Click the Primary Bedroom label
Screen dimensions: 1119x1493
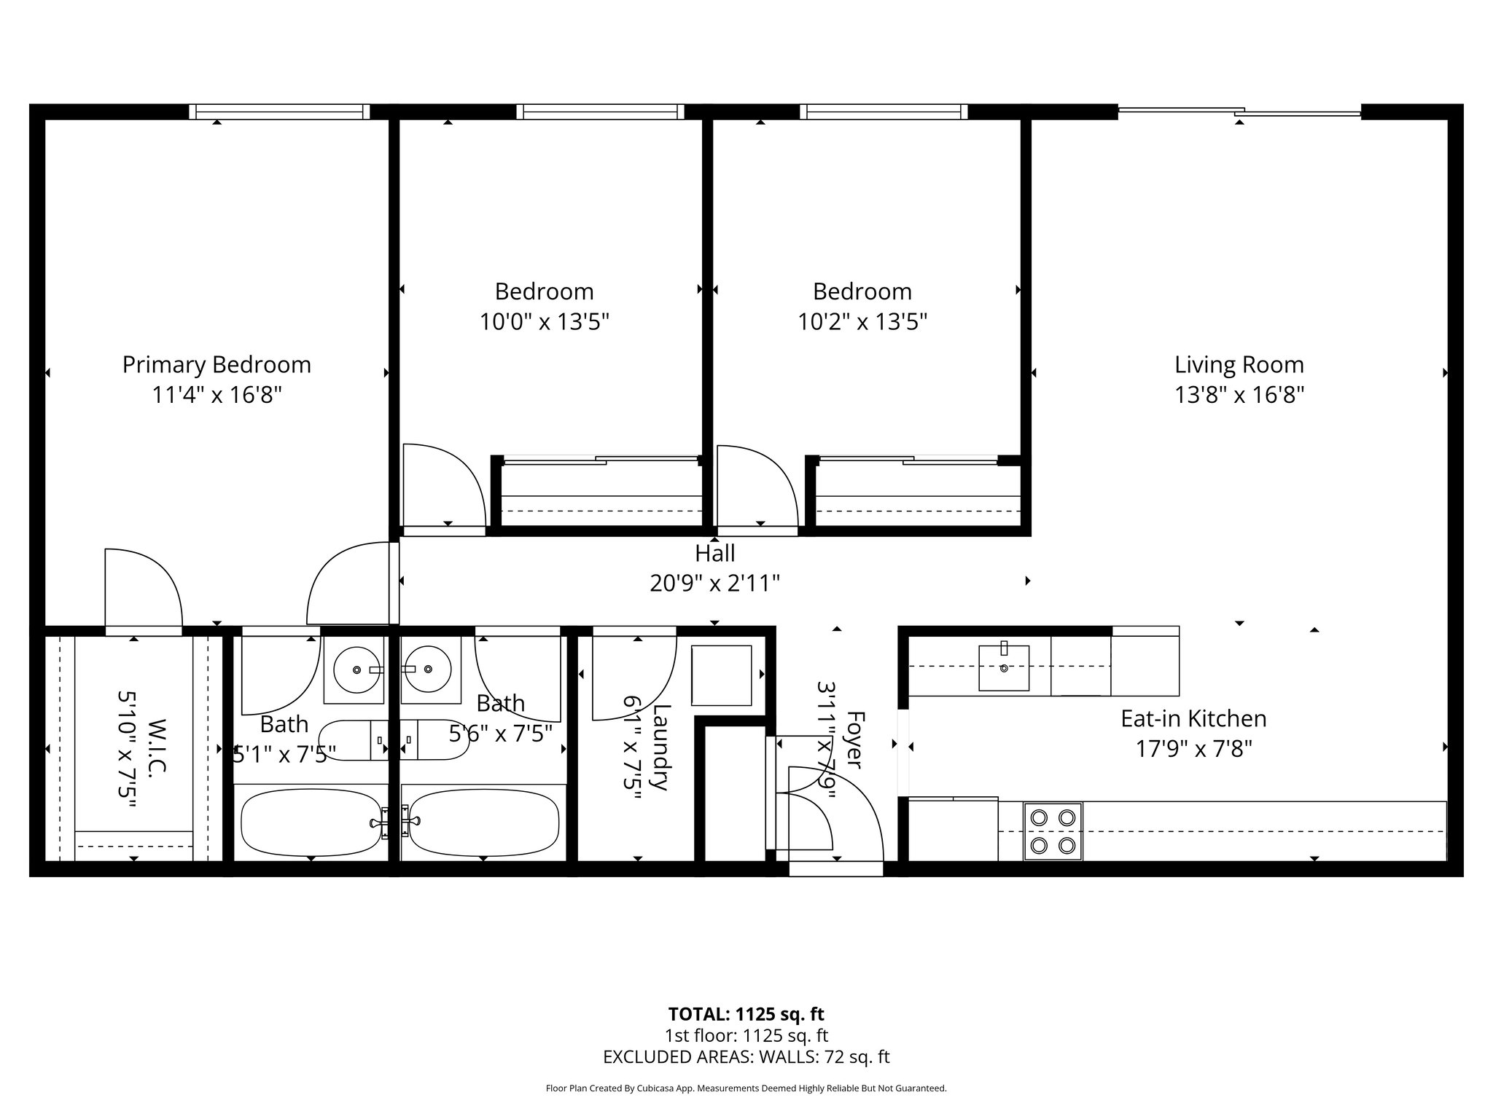pos(217,364)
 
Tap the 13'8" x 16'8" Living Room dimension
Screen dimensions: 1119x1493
pos(1239,395)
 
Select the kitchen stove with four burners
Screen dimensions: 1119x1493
pos(1053,831)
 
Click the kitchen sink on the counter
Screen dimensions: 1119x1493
pos(1004,667)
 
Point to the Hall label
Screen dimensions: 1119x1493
pos(714,554)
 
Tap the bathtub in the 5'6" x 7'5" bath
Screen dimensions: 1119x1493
pos(483,823)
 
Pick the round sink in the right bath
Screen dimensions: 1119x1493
pos(430,669)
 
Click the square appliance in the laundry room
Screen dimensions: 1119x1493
pos(721,675)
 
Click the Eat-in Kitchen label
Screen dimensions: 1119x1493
pos(1193,719)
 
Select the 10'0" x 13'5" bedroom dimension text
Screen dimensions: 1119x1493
pos(544,322)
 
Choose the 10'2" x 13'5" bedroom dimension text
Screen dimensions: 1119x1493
pos(862,322)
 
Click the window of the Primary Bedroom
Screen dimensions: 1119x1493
pos(279,111)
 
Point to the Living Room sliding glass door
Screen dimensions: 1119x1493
pos(1239,112)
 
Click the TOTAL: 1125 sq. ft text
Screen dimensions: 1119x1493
pos(746,1014)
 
